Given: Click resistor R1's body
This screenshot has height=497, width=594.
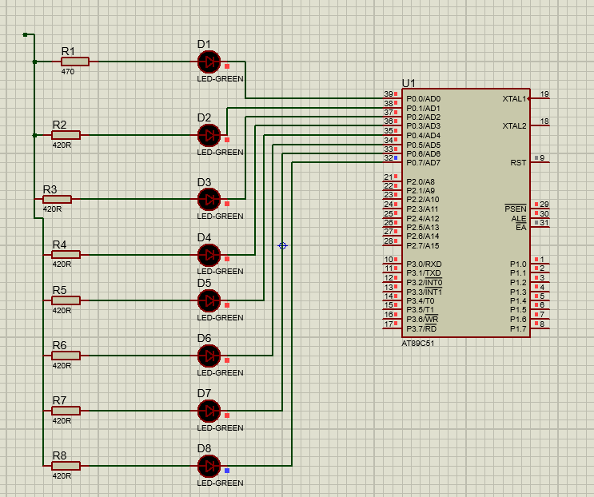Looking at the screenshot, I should [75, 62].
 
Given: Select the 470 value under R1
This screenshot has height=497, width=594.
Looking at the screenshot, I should [67, 72].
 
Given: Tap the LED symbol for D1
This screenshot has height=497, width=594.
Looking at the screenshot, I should [209, 62].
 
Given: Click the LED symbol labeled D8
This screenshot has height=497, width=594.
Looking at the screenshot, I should [209, 465].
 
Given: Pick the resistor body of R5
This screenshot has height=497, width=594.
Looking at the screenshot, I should [66, 300].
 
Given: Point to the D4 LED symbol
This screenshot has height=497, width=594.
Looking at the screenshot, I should [209, 255].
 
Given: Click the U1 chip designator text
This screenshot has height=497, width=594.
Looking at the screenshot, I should [409, 83].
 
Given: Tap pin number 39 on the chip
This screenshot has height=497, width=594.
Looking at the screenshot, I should [389, 94].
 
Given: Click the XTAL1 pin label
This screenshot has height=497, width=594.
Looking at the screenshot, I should [514, 99].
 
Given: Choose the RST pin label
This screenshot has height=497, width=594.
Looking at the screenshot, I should [518, 163].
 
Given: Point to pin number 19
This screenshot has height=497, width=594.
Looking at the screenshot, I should [544, 94].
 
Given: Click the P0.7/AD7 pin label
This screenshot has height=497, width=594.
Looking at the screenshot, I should [423, 163].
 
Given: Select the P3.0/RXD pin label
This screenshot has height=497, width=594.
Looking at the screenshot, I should [424, 264].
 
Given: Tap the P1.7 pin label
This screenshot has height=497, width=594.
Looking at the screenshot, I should [518, 328].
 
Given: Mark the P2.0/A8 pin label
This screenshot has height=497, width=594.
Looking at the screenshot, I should [421, 181].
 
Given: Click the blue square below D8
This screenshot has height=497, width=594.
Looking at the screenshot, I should [227, 471].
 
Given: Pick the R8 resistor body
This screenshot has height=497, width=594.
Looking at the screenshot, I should [66, 466].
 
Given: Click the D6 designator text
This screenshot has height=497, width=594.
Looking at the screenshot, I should [204, 338].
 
